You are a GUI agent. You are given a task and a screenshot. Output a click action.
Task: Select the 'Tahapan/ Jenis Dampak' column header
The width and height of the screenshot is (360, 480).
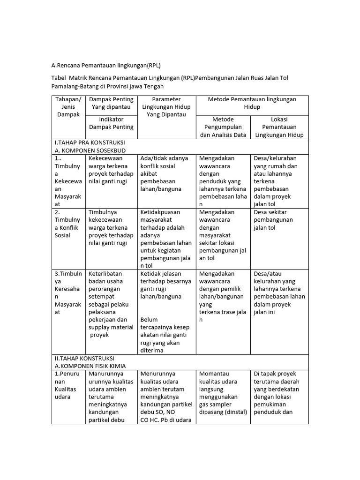[68, 107]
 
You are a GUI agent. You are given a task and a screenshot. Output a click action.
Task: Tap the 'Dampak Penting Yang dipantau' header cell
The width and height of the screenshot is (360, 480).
[111, 103]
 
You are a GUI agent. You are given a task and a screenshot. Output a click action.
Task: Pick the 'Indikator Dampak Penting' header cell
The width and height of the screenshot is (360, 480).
[111, 123]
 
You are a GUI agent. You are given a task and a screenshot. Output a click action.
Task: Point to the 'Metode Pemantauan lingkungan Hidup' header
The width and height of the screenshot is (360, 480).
[252, 103]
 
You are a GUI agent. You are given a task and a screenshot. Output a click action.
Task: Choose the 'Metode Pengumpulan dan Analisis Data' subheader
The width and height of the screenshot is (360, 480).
[223, 127]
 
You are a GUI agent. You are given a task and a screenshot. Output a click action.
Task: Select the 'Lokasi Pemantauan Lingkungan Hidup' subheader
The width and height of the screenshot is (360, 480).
[279, 127]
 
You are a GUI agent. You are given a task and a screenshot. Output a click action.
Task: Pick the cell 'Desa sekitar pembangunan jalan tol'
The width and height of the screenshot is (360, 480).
[273, 220]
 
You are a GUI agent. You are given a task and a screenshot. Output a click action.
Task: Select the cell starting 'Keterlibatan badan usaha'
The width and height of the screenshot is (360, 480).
[111, 304]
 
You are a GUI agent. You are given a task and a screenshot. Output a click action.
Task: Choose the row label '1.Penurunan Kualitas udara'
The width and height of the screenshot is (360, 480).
[68, 385]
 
